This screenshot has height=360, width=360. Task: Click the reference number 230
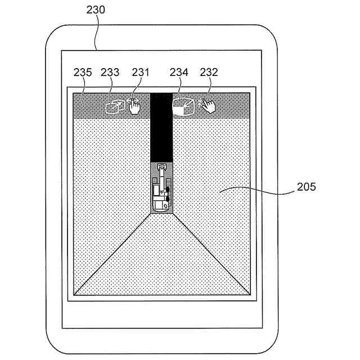pos(96,10)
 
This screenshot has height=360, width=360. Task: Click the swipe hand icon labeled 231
pos(134,105)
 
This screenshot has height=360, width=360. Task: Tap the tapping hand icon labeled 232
pos(209,105)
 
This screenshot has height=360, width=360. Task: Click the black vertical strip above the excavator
pos(161,129)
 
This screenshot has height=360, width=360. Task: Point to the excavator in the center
pos(161,188)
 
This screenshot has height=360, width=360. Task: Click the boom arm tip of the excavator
pos(162,166)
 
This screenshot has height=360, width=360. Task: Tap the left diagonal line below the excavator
pos(112,254)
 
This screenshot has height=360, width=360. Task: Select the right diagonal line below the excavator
pos(211,254)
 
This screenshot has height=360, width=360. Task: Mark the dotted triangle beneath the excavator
pos(161,259)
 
